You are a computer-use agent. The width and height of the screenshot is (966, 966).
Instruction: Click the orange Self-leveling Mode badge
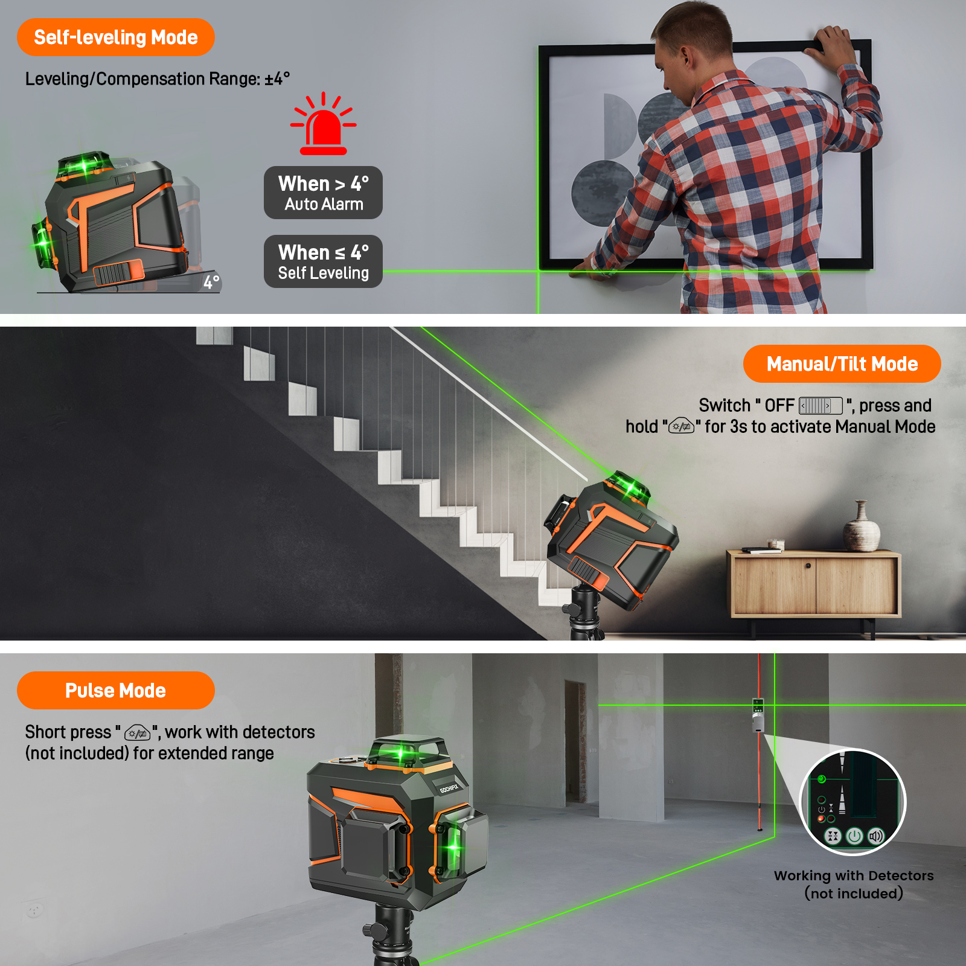[115, 37]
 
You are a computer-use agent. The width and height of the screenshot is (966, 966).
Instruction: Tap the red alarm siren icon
[323, 124]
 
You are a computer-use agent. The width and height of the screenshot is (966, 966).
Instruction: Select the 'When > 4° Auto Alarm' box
[323, 193]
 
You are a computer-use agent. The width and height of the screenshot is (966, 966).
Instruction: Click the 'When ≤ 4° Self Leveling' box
[323, 261]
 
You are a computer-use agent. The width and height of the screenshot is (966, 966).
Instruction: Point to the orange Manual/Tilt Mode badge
[842, 363]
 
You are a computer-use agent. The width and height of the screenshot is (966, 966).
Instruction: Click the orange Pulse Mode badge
[115, 690]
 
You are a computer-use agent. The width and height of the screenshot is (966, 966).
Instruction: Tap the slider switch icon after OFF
[820, 406]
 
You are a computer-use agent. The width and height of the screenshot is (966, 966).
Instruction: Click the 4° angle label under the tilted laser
[211, 282]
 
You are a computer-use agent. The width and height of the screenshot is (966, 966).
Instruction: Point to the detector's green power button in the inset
[854, 836]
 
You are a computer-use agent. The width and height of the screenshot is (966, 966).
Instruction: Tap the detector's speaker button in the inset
[875, 836]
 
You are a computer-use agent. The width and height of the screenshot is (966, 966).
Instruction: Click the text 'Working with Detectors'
[854, 875]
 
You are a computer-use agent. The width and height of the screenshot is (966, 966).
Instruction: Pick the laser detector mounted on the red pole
[758, 715]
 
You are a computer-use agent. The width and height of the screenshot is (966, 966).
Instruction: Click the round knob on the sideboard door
[808, 566]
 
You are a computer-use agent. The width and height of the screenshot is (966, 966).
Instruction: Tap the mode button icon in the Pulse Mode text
[137, 734]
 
